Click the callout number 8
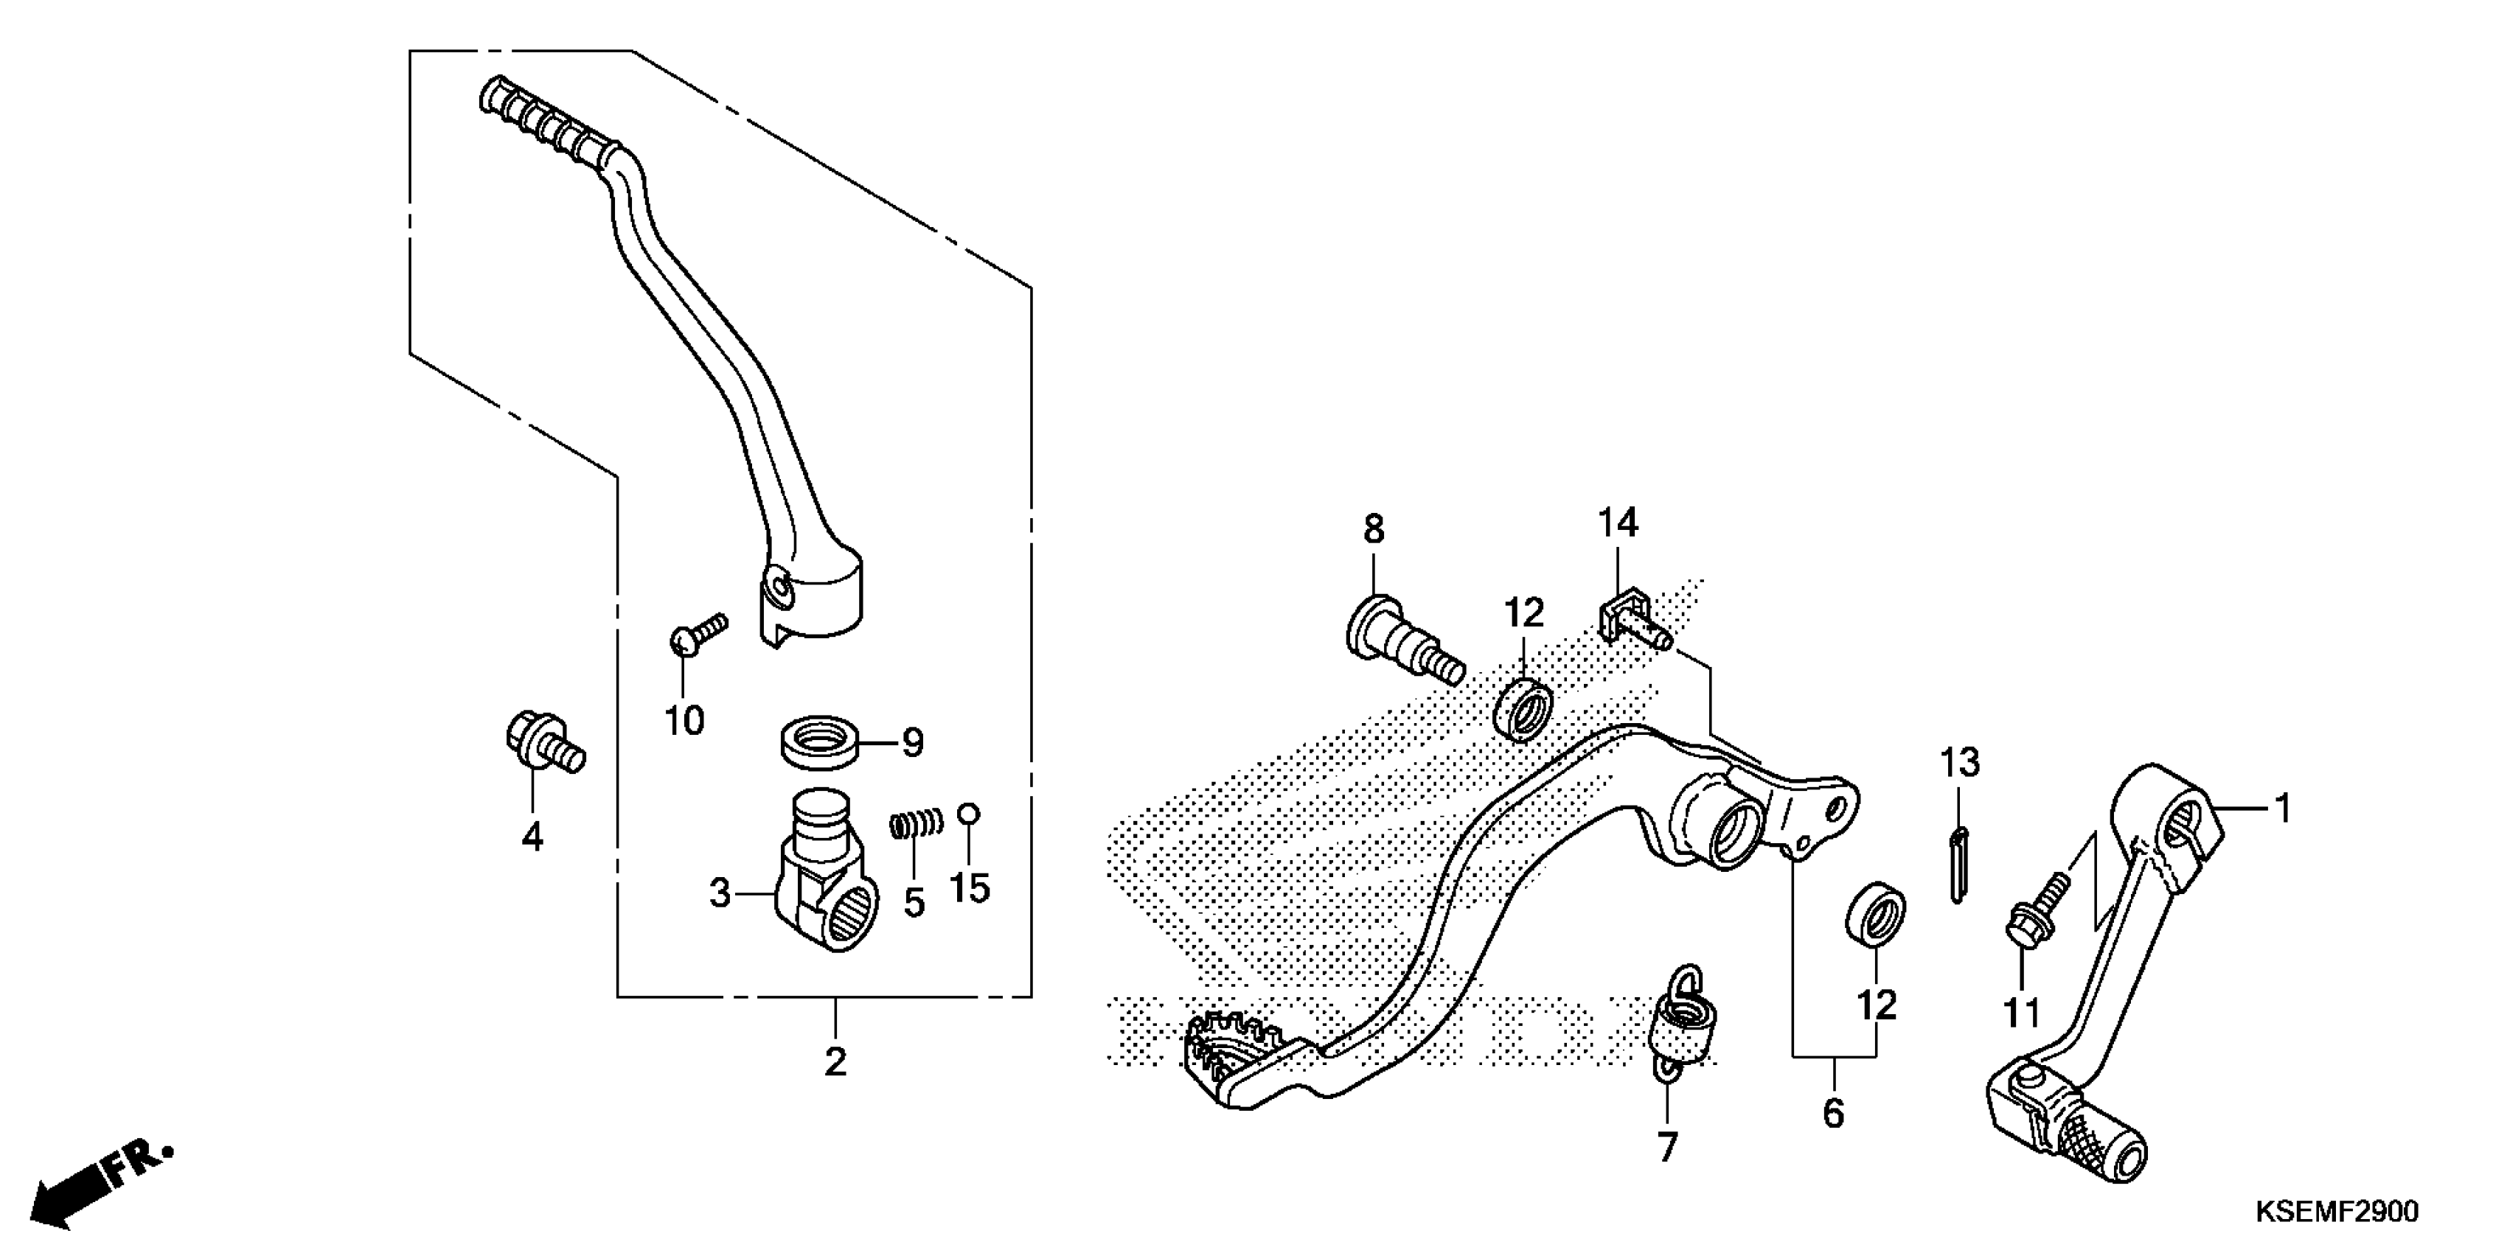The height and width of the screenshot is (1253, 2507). (1372, 530)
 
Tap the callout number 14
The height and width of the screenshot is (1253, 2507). (1618, 523)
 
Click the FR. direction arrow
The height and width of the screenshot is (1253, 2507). (102, 1182)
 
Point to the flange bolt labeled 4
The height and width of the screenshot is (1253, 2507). (543, 746)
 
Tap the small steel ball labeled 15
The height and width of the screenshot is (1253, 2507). (968, 813)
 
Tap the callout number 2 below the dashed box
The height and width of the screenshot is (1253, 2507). (835, 1061)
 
